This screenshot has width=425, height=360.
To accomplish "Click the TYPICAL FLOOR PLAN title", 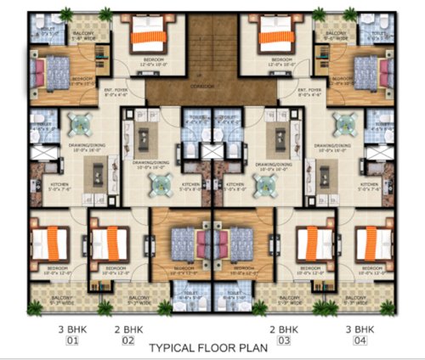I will [208, 346].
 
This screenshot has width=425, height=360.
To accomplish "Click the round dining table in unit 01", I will [81, 126].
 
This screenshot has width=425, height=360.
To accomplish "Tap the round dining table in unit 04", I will [343, 126].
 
